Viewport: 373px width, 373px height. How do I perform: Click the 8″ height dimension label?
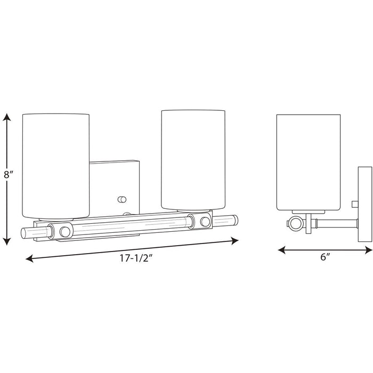[8, 175]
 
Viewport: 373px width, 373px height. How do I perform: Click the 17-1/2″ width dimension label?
[135, 258]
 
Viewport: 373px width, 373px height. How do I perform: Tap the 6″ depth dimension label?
[326, 257]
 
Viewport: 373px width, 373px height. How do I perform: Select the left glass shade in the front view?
[56, 166]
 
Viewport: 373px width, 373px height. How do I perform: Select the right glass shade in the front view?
[193, 160]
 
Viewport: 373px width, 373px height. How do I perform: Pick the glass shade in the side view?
[309, 163]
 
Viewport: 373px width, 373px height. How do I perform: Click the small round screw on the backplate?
[122, 199]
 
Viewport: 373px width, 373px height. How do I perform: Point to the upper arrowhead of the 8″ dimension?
[6, 117]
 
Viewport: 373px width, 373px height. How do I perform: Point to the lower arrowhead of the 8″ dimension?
[7, 241]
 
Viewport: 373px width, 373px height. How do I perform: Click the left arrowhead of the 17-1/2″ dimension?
[29, 258]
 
